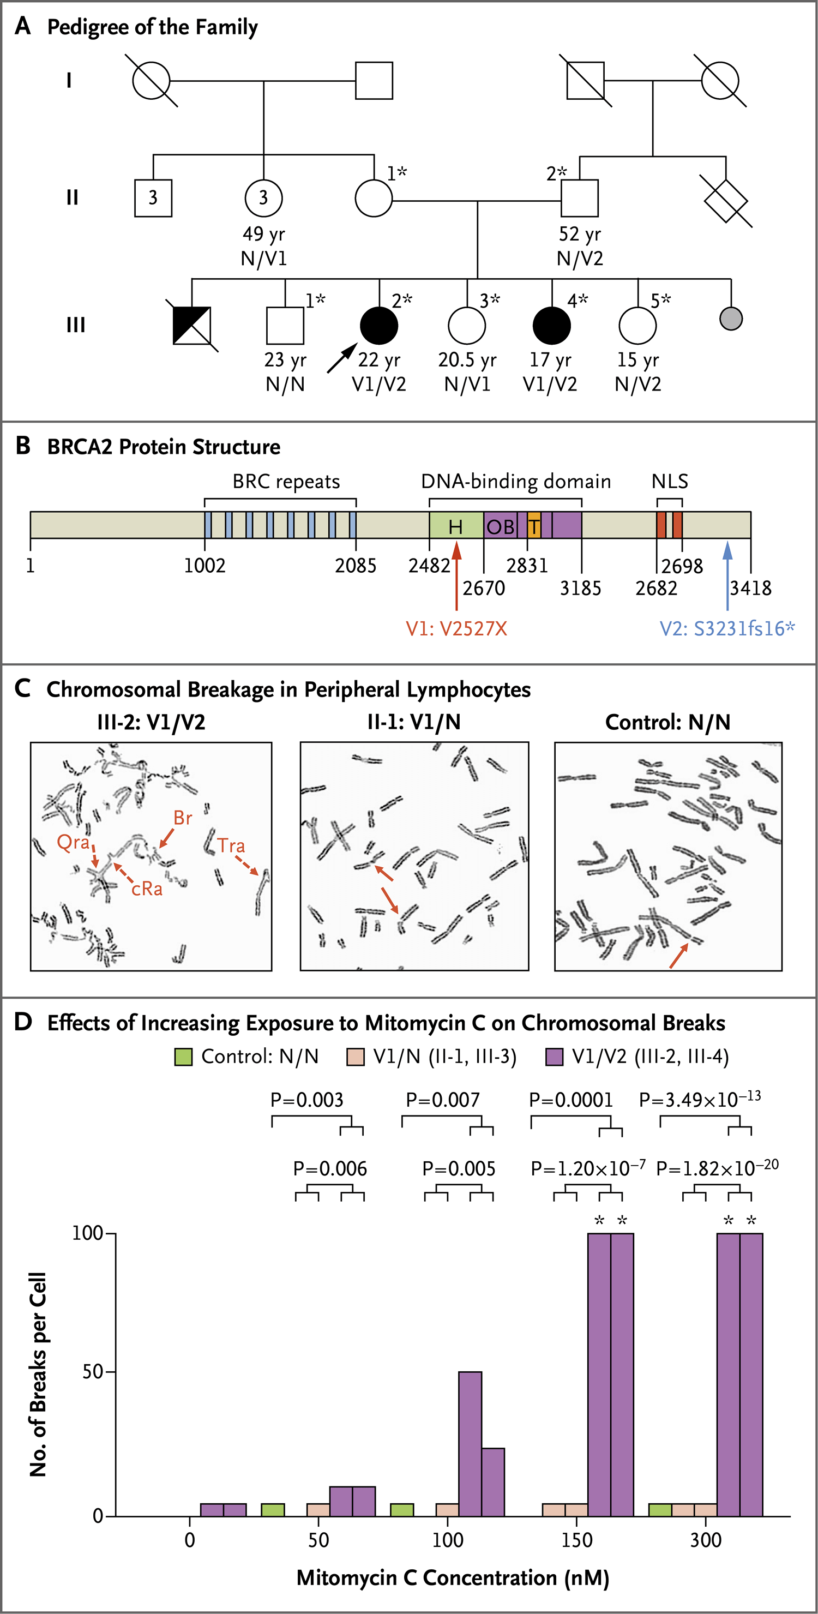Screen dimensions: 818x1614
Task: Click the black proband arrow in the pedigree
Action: point(342,358)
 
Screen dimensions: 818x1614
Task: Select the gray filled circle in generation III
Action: point(731,319)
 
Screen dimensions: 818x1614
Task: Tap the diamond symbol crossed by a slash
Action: point(726,201)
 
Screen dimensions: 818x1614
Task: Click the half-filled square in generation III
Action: point(191,325)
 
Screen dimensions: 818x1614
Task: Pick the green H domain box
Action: point(456,525)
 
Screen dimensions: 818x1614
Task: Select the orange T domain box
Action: point(534,525)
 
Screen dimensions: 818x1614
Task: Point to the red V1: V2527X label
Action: point(456,628)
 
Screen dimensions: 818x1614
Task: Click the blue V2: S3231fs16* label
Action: point(727,628)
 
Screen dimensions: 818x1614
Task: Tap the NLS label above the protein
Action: point(670,481)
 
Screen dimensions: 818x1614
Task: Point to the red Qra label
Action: point(73,842)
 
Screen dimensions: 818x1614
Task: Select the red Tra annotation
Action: point(231,846)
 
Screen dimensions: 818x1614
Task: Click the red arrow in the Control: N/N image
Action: point(678,956)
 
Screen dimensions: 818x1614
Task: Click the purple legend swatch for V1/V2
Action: point(554,1057)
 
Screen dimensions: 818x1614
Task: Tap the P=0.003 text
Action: point(307,1100)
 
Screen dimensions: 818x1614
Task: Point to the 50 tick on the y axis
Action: point(93,1372)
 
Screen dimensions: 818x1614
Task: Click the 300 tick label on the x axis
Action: point(706,1540)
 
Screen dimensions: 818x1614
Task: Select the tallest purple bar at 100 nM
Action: point(471,1444)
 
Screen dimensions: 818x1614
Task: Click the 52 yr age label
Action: point(580,235)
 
